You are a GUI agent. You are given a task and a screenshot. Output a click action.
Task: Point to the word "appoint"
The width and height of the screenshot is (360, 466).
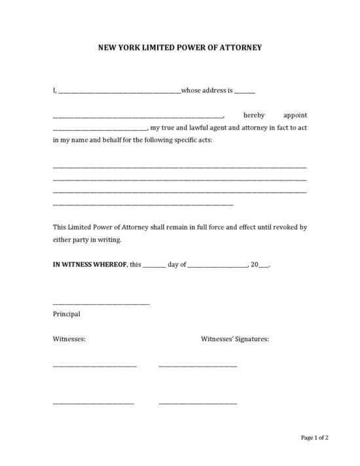point(295,114)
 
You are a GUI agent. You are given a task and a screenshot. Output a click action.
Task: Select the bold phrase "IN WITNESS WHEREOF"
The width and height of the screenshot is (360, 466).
point(90,264)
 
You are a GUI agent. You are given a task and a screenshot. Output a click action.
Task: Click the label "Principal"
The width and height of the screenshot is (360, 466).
point(66,314)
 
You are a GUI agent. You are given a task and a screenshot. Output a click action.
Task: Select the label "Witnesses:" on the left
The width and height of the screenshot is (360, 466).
point(69,339)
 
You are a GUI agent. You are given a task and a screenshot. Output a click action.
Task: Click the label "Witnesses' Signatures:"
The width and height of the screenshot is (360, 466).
point(234,339)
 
